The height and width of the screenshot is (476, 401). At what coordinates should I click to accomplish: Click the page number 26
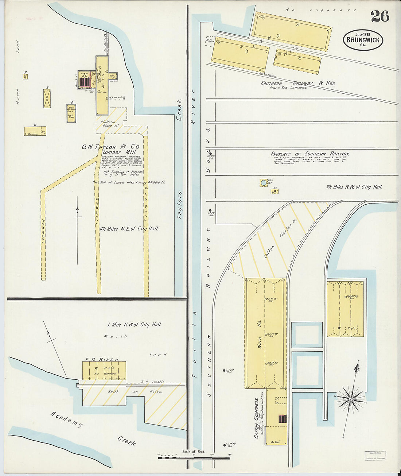[380, 16]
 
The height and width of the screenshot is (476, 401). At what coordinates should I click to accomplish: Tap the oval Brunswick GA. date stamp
[363, 40]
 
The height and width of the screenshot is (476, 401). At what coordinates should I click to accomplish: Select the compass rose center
[350, 399]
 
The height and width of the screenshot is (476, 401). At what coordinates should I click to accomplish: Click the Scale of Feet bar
[194, 457]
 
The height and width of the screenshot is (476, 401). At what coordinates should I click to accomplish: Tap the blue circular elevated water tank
[263, 183]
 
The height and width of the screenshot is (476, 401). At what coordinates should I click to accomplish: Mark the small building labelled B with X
[47, 98]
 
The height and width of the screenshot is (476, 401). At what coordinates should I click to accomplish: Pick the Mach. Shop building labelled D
[71, 113]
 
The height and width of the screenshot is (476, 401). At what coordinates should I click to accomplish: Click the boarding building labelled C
[35, 131]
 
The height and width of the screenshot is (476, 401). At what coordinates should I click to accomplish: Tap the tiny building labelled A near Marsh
[26, 76]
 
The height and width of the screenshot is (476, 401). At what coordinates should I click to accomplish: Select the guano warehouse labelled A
[292, 31]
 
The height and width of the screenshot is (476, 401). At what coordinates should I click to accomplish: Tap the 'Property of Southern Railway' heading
[310, 154]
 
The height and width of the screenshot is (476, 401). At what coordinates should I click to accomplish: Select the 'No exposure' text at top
[321, 10]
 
